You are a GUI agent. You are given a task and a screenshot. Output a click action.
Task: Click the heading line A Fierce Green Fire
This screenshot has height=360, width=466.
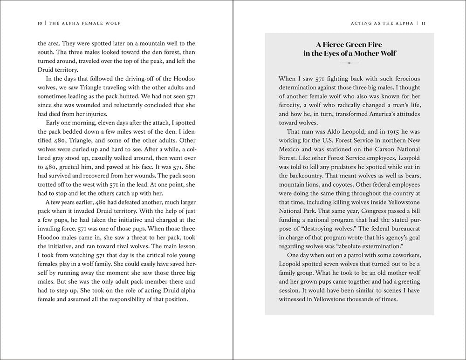click(x=349, y=45)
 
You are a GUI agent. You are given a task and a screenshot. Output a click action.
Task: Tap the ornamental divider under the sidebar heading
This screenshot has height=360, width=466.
click(x=349, y=62)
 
